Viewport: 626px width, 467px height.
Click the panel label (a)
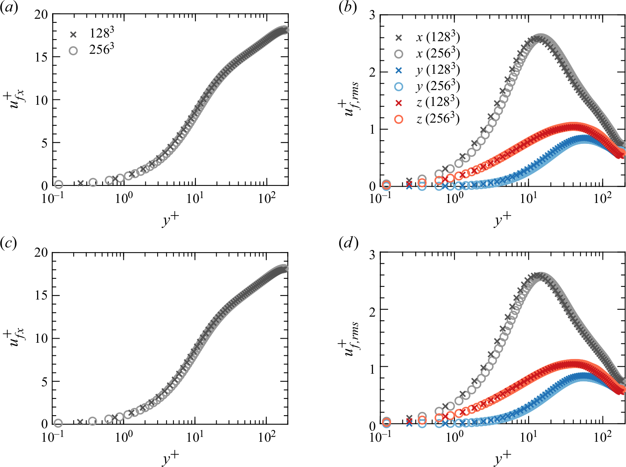(9, 8)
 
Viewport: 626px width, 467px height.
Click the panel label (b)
(347, 8)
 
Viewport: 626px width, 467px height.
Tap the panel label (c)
(9, 243)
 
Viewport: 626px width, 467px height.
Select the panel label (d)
(348, 243)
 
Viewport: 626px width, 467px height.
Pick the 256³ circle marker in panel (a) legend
(73, 51)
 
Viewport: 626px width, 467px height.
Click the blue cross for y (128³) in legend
(399, 70)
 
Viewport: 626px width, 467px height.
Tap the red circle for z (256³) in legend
(399, 119)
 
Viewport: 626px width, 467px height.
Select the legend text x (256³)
(438, 53)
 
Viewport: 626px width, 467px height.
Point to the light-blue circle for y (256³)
(399, 87)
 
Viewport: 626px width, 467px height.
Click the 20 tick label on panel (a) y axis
(41, 15)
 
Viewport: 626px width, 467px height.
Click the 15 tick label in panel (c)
(41, 295)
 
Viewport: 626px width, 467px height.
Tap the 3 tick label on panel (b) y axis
(371, 15)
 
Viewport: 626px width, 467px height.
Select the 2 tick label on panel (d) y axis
(371, 309)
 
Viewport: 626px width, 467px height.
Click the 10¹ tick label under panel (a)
(195, 198)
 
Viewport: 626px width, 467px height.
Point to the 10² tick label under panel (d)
(602, 437)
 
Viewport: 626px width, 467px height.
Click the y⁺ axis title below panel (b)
(502, 220)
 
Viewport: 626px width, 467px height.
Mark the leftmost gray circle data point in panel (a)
(58, 185)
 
